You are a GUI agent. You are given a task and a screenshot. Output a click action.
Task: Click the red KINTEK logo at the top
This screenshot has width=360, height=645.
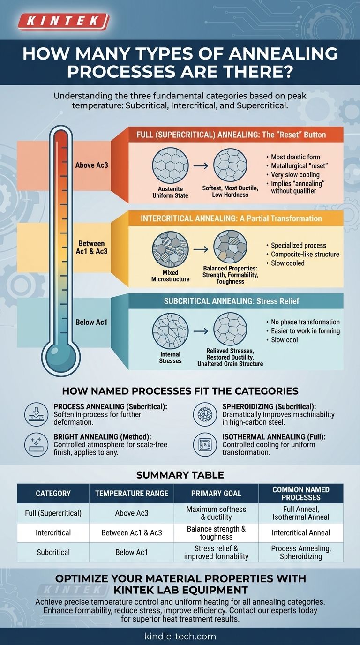(63, 22)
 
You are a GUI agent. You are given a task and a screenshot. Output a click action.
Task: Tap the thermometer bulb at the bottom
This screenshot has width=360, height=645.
(61, 356)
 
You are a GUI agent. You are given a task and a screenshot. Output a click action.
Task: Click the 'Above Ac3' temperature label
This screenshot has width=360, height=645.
(91, 165)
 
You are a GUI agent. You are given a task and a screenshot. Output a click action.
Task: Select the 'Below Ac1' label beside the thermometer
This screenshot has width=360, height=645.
(91, 322)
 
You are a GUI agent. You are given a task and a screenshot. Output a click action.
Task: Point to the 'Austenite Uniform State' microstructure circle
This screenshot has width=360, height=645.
(170, 165)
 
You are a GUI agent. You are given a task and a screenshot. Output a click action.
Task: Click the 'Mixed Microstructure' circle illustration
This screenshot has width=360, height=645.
(170, 249)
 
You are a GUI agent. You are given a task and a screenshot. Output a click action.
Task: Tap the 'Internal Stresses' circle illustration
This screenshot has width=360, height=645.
(170, 331)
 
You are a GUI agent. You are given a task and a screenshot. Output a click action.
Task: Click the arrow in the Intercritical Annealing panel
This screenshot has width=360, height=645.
(201, 249)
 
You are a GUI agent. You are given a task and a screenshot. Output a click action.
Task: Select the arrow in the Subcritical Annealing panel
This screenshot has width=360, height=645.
(201, 331)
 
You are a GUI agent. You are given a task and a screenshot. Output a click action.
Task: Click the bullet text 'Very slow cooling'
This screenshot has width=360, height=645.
(295, 175)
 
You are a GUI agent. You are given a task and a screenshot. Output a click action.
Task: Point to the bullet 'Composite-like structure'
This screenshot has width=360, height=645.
(305, 254)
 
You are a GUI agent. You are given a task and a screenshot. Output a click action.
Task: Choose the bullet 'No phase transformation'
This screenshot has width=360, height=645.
(305, 322)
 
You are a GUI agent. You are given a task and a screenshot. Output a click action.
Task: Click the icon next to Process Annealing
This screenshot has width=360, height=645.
(36, 414)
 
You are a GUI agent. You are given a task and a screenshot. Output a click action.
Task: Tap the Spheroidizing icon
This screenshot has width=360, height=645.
(205, 414)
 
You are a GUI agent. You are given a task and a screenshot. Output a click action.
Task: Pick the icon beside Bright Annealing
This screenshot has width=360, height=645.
(36, 444)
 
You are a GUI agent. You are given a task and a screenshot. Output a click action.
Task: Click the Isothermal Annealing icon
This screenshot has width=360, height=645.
(205, 444)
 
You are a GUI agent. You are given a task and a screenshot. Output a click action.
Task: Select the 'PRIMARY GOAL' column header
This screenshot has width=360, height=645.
(216, 494)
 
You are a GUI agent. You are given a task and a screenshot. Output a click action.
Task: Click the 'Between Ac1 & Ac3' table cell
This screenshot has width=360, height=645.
(132, 532)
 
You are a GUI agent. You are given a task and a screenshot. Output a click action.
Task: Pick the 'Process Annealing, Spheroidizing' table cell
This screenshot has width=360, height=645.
(301, 553)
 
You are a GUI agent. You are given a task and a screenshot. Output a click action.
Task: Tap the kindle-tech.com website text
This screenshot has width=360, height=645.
(180, 636)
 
